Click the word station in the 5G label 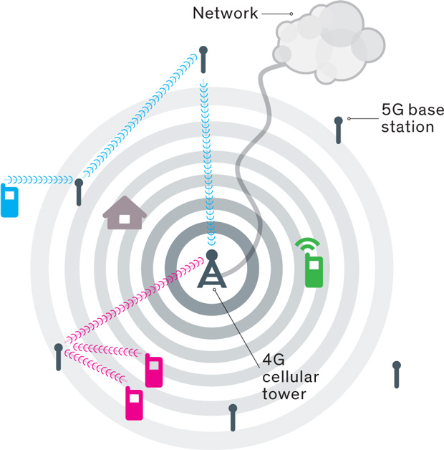tap(407, 127)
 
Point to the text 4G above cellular tap(271, 358)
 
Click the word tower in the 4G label tap(284, 393)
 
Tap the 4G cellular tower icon tap(212, 273)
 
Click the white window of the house tap(125, 218)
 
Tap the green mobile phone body tap(314, 272)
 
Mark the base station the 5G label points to tap(339, 130)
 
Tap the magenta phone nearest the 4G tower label tap(153, 370)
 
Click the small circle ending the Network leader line tap(291, 14)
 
